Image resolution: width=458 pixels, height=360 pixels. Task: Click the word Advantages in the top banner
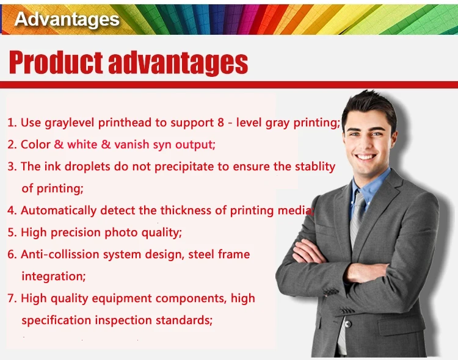click(x=67, y=19)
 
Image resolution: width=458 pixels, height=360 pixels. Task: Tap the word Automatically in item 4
click(x=59, y=211)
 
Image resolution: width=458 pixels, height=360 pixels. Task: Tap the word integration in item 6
click(x=53, y=276)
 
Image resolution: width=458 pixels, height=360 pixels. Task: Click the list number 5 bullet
click(x=12, y=232)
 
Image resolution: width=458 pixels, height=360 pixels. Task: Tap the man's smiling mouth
click(x=366, y=156)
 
